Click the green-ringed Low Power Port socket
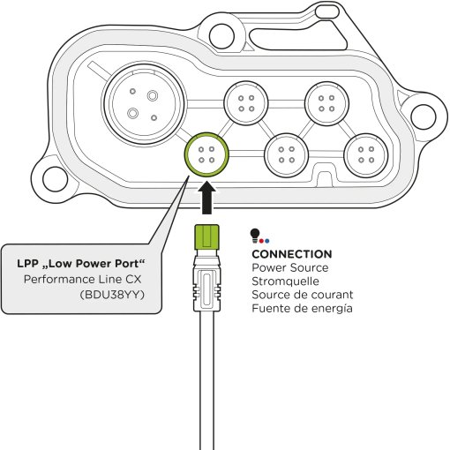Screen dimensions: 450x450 click(x=206, y=154)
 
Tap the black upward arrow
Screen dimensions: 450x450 click(x=206, y=198)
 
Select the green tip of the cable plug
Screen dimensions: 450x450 click(x=206, y=236)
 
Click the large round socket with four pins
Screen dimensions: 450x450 click(x=144, y=104)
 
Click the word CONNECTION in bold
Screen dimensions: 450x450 click(x=292, y=254)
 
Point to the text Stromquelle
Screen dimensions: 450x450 click(x=285, y=281)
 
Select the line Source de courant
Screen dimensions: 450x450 click(x=303, y=295)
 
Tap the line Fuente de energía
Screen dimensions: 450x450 click(x=302, y=309)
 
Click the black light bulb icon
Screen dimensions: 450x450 click(x=255, y=236)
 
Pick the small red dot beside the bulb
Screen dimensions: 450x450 click(x=261, y=241)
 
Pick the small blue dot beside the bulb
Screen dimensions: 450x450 click(x=266, y=241)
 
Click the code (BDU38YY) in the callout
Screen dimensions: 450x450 click(x=112, y=295)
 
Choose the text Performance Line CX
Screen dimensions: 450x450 click(x=83, y=279)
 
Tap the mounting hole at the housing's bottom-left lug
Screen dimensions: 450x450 click(x=55, y=179)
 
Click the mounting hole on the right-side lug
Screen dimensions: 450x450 click(x=423, y=116)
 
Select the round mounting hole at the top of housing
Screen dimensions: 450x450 click(x=221, y=36)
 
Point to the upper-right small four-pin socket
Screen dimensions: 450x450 click(x=326, y=103)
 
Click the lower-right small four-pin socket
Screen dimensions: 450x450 click(x=366, y=155)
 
